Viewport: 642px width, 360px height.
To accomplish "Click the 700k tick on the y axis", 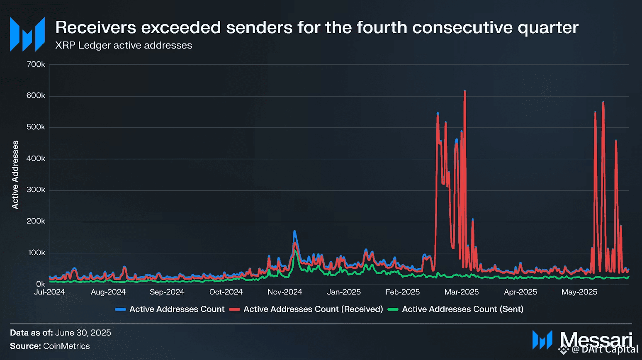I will [x=36, y=64].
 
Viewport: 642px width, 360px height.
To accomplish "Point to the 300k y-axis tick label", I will [x=36, y=190].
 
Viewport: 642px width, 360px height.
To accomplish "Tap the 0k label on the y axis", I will [x=40, y=284].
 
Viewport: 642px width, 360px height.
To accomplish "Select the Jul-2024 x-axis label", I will [x=49, y=292].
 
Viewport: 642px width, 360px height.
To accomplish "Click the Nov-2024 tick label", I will [x=285, y=292].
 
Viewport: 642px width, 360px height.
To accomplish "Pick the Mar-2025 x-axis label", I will [x=462, y=292].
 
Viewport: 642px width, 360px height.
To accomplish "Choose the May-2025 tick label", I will [x=579, y=292].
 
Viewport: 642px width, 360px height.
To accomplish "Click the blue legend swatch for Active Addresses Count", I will [x=121, y=309].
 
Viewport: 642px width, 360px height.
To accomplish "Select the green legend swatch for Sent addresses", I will [x=393, y=309].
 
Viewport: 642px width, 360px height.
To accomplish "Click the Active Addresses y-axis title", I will [x=15, y=175].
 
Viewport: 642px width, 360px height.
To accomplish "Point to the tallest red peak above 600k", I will [x=464, y=91].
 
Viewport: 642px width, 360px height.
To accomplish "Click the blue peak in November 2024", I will [x=294, y=231].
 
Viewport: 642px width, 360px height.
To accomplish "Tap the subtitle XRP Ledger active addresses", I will [x=124, y=45].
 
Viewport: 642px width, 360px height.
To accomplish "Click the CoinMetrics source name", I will [x=66, y=346].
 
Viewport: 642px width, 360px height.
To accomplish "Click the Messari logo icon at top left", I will [x=27, y=34].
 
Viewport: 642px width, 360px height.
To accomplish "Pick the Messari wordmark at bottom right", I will [x=596, y=339].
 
